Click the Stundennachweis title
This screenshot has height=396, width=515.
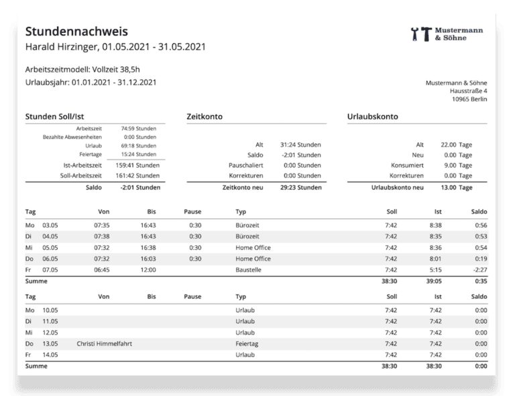click(76, 31)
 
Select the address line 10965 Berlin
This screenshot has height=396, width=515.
click(469, 99)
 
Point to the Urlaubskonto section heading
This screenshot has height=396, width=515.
click(372, 116)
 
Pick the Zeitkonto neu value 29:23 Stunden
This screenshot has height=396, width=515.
click(300, 188)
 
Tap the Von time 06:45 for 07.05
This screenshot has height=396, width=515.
click(102, 270)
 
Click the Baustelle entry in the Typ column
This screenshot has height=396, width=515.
click(249, 270)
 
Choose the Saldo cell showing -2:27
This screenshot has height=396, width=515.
click(479, 270)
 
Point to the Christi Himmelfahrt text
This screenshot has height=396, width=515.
click(104, 344)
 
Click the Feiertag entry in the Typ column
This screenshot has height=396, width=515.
click(247, 344)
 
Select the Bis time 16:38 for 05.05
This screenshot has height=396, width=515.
click(148, 247)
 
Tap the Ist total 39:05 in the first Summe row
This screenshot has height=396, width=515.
click(434, 282)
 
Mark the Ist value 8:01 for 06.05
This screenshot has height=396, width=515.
click(435, 259)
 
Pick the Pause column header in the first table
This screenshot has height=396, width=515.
click(192, 212)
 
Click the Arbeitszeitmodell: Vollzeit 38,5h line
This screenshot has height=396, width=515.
click(82, 68)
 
